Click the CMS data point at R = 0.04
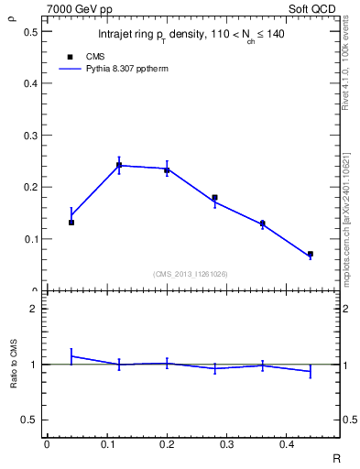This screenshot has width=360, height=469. (x=71, y=223)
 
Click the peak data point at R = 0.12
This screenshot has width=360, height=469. (x=119, y=166)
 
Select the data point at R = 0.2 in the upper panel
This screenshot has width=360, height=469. (x=167, y=170)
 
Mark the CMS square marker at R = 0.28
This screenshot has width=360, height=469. (x=214, y=197)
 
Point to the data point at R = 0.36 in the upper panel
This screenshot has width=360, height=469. (x=262, y=223)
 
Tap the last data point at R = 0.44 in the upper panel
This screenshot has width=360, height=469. (x=310, y=254)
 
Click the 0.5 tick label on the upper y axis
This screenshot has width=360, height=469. (x=30, y=31)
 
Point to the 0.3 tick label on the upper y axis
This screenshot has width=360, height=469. (x=30, y=136)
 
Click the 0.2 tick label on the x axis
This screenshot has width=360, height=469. (x=167, y=444)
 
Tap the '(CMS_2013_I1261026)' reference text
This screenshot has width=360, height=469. (x=191, y=273)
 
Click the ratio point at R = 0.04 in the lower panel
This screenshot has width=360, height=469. (x=71, y=355)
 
